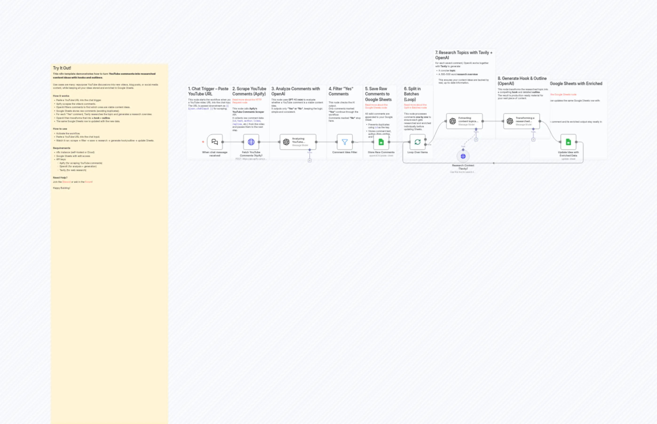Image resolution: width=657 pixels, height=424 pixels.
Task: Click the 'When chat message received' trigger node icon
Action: (215, 142)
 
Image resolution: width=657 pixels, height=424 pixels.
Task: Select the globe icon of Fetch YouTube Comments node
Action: (251, 142)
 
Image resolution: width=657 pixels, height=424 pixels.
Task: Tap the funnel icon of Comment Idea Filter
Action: (344, 142)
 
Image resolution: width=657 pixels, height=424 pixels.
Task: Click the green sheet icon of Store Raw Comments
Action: (381, 142)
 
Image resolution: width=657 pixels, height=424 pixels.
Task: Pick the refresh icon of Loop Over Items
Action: (418, 142)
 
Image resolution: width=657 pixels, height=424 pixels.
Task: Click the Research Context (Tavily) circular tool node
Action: (463, 156)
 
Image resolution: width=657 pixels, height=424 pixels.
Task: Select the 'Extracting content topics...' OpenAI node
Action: (464, 121)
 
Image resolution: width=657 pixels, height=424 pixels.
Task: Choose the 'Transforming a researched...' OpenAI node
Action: (521, 121)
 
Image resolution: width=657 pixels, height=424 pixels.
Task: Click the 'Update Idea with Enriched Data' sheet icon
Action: (568, 142)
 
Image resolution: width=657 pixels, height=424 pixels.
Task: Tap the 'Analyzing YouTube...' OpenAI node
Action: (298, 142)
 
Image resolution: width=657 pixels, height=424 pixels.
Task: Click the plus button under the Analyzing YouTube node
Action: (310, 160)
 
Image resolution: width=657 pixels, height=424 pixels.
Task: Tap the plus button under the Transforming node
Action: (533, 140)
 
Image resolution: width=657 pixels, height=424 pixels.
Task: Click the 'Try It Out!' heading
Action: (62, 68)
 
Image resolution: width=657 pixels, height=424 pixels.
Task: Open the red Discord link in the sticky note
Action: (66, 182)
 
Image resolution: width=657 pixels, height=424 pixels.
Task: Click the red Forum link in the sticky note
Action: (88, 182)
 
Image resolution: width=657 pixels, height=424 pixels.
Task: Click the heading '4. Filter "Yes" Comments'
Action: (341, 91)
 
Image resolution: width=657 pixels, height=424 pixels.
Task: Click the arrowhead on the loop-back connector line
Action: (493, 163)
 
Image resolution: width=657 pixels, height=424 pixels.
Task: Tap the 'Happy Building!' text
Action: (61, 188)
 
